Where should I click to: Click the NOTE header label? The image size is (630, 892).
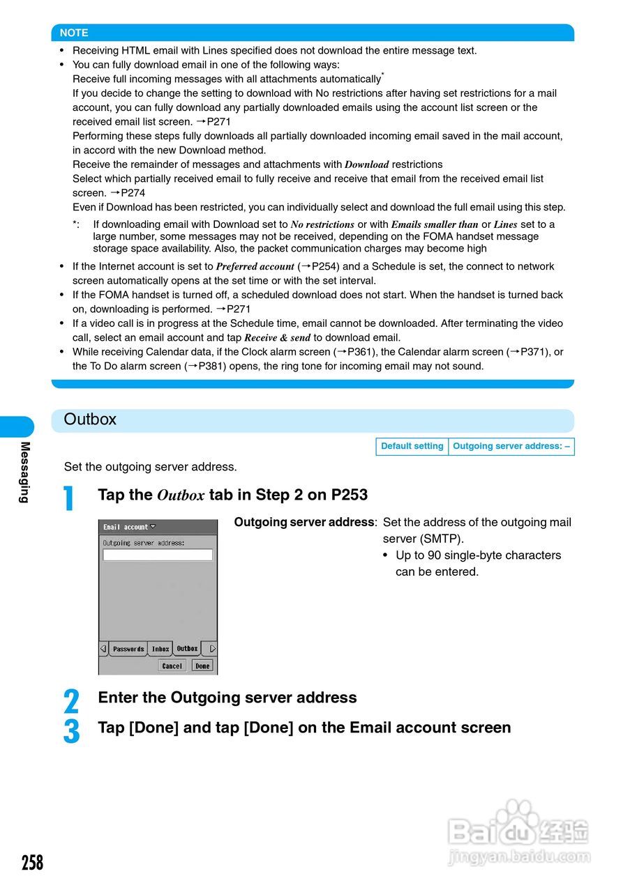pyautogui.click(x=74, y=33)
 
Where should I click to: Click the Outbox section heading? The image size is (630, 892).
pyautogui.click(x=90, y=420)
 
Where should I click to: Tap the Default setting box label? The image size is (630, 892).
pyautogui.click(x=412, y=447)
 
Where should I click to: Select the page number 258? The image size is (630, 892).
pyautogui.click(x=32, y=863)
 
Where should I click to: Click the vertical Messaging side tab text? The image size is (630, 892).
pyautogui.click(x=24, y=472)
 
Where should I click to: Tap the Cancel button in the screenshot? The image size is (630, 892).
pyautogui.click(x=172, y=666)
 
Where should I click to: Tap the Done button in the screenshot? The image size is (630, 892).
pyautogui.click(x=202, y=666)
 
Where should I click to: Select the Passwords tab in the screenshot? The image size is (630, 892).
pyautogui.click(x=128, y=649)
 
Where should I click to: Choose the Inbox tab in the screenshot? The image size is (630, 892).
pyautogui.click(x=160, y=649)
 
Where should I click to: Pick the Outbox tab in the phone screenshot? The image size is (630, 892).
pyautogui.click(x=187, y=648)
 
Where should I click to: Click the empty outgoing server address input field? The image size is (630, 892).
pyautogui.click(x=158, y=555)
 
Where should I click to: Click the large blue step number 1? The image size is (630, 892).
pyautogui.click(x=68, y=498)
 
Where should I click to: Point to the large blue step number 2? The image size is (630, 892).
pyautogui.click(x=71, y=701)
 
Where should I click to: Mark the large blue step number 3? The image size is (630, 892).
pyautogui.click(x=71, y=731)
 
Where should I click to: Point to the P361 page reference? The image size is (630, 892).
pyautogui.click(x=361, y=352)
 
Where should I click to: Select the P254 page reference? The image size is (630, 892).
pyautogui.click(x=325, y=266)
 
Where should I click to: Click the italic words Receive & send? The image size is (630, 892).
pyautogui.click(x=277, y=338)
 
